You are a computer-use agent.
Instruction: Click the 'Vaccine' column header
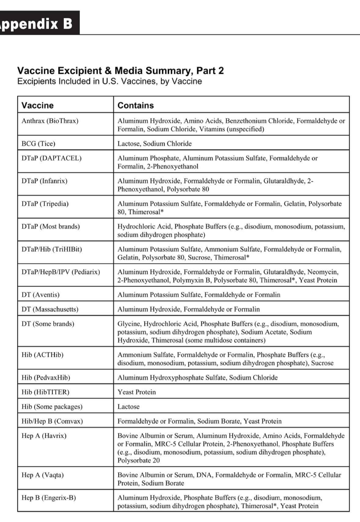click(x=38, y=105)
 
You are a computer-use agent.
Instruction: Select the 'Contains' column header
click(x=136, y=105)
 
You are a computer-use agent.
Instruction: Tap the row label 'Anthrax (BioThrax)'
click(x=50, y=121)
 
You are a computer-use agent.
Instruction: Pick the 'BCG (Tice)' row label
click(x=38, y=144)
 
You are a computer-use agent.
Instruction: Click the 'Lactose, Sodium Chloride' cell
click(x=155, y=144)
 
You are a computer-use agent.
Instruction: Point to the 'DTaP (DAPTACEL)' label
click(x=51, y=158)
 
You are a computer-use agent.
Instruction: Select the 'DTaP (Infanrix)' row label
click(x=44, y=181)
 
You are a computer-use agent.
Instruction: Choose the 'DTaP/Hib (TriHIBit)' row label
click(x=52, y=249)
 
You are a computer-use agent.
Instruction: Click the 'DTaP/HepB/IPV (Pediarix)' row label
click(x=60, y=272)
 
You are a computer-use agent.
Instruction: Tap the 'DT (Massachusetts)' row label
click(x=50, y=309)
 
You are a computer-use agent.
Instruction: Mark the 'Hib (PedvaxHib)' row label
click(x=45, y=378)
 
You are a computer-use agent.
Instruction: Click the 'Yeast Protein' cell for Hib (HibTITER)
click(x=136, y=392)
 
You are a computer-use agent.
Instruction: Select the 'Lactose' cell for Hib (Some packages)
click(x=128, y=407)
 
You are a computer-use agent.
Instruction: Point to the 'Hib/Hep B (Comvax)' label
click(x=52, y=421)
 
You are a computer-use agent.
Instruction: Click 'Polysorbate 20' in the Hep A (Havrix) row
click(x=138, y=460)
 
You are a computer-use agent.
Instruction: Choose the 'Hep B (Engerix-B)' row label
click(x=49, y=498)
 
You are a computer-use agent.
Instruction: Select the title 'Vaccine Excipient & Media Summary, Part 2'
click(x=120, y=71)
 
